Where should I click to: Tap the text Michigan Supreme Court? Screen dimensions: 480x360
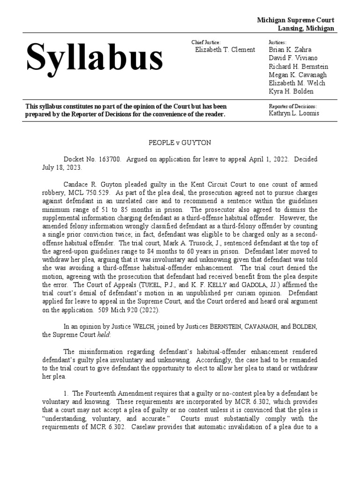[x=295, y=20]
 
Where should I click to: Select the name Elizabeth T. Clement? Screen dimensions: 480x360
[x=225, y=50]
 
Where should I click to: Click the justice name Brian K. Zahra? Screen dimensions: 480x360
[x=290, y=50]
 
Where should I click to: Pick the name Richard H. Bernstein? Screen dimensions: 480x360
[x=298, y=67]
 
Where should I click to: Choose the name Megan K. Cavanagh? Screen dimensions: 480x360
[x=298, y=75]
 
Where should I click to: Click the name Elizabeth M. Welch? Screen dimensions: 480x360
[x=297, y=83]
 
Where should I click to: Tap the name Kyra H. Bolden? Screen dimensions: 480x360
[x=291, y=91]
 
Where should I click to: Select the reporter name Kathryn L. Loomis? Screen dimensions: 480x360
[x=294, y=113]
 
